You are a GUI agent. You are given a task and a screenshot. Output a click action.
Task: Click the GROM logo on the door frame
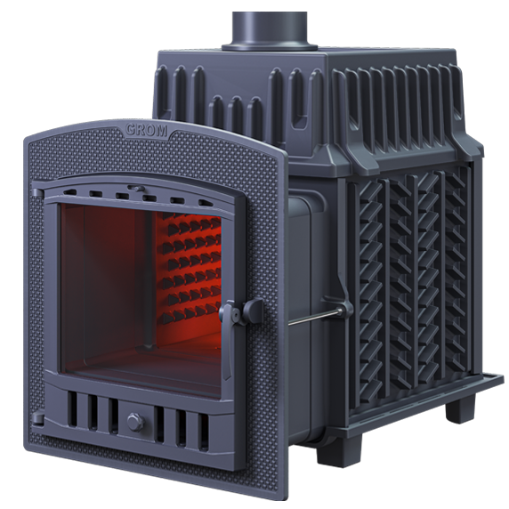click(147, 130)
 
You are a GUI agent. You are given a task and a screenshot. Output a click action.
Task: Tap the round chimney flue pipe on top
click(270, 29)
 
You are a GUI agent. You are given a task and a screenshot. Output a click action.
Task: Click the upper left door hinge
click(37, 193)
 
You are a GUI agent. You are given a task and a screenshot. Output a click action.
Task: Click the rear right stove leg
click(460, 407)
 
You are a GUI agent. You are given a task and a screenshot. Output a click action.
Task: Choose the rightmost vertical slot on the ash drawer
click(204, 432)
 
